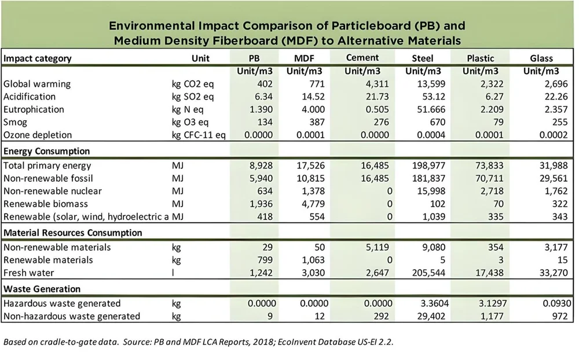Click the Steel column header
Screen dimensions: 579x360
tap(423, 58)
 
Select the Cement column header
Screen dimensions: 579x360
tap(362, 58)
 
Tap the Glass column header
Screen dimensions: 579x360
tap(541, 58)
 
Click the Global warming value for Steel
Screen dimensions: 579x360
tap(431, 84)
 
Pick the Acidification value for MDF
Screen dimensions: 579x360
tap(312, 97)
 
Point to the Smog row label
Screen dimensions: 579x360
tap(15, 123)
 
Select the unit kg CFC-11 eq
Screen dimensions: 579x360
tap(199, 135)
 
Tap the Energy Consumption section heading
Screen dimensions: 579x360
tap(46, 152)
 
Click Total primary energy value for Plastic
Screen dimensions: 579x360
tap(489, 166)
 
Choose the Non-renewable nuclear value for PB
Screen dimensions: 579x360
tap(265, 191)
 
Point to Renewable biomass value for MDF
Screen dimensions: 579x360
tap(313, 204)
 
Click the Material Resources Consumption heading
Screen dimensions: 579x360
tap(73, 233)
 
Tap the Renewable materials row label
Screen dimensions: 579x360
tap(48, 260)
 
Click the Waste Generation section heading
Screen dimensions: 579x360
tap(42, 289)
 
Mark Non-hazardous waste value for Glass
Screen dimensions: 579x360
tap(560, 317)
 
